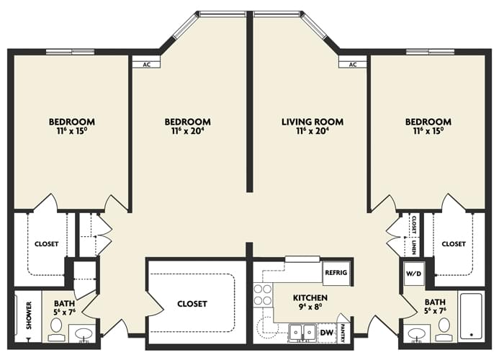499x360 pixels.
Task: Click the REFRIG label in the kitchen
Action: (x=336, y=273)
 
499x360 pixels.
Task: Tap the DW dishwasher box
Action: (x=327, y=333)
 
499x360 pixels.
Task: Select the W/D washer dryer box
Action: (x=413, y=274)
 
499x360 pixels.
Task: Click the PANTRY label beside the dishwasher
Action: (x=343, y=333)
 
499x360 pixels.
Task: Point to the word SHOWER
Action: (x=30, y=315)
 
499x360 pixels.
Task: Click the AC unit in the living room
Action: (x=353, y=65)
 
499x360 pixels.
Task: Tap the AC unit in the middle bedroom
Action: (x=146, y=65)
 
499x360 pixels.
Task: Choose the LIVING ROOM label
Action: (x=313, y=122)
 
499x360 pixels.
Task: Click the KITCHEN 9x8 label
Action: (x=310, y=302)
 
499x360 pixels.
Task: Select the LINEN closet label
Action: (x=413, y=246)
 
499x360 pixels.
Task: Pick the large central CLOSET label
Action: (x=192, y=304)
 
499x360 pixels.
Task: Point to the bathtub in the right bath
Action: (x=472, y=316)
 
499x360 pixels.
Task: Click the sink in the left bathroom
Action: (x=84, y=333)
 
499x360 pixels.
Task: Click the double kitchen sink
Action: (x=302, y=333)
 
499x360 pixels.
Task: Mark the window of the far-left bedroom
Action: (x=70, y=52)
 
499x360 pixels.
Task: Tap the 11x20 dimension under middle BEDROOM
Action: (x=187, y=131)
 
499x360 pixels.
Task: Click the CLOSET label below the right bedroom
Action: (x=454, y=244)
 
